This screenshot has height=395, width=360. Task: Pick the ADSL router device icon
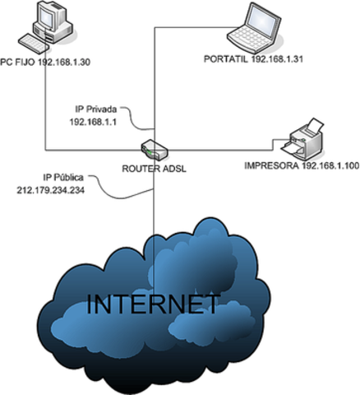[154, 150]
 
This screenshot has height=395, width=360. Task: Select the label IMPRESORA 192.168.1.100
[302, 166]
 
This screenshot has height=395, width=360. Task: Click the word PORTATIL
[225, 59]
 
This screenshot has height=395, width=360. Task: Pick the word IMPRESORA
[270, 166]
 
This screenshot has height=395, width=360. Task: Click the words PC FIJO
[18, 62]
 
